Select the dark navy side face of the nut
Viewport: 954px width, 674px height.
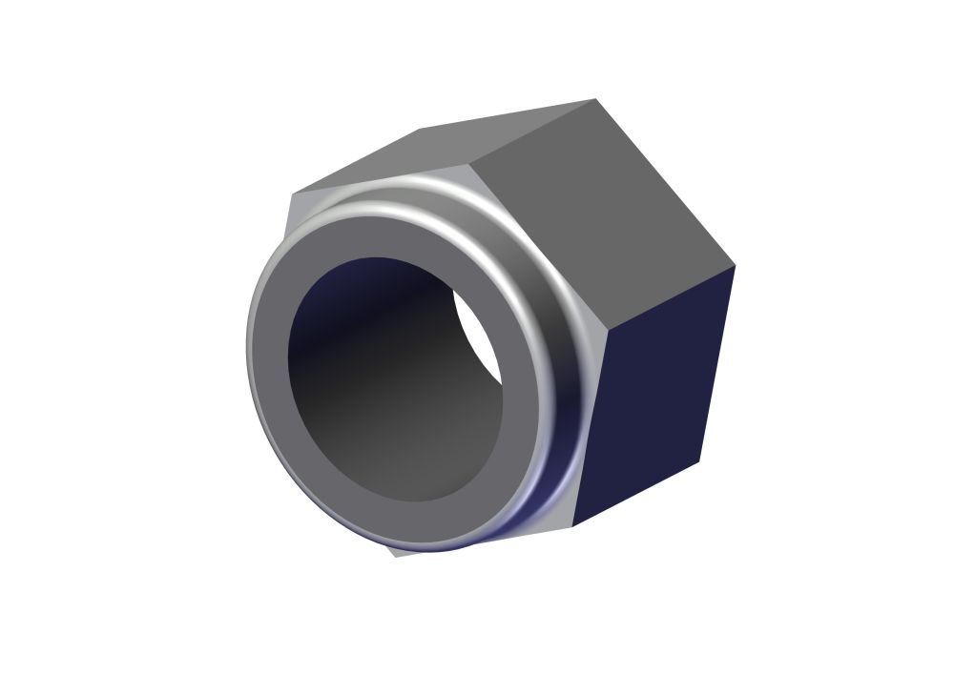coord(658,400)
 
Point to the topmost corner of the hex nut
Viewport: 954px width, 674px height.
coord(595,99)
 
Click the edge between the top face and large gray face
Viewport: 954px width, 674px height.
coord(534,133)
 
